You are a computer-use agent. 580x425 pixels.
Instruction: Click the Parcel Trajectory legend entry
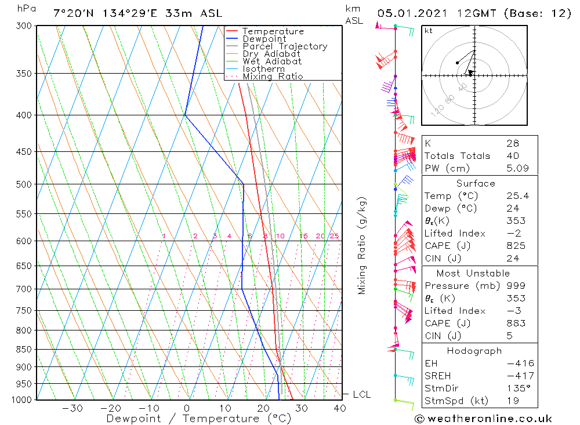tap(285, 46)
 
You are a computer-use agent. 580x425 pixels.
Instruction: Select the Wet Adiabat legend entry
tap(272, 61)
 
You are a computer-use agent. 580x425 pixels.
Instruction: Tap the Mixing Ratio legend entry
tap(273, 77)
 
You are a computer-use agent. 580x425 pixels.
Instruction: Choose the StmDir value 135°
tap(516, 388)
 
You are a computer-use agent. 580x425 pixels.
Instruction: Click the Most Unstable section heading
tap(473, 273)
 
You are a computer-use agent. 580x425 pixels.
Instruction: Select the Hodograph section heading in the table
tap(475, 351)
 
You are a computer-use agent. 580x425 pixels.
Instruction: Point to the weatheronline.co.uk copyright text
tap(484, 419)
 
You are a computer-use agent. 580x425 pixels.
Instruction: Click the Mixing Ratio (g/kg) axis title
tap(362, 246)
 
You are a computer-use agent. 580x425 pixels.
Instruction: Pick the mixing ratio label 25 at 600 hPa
tap(334, 236)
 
